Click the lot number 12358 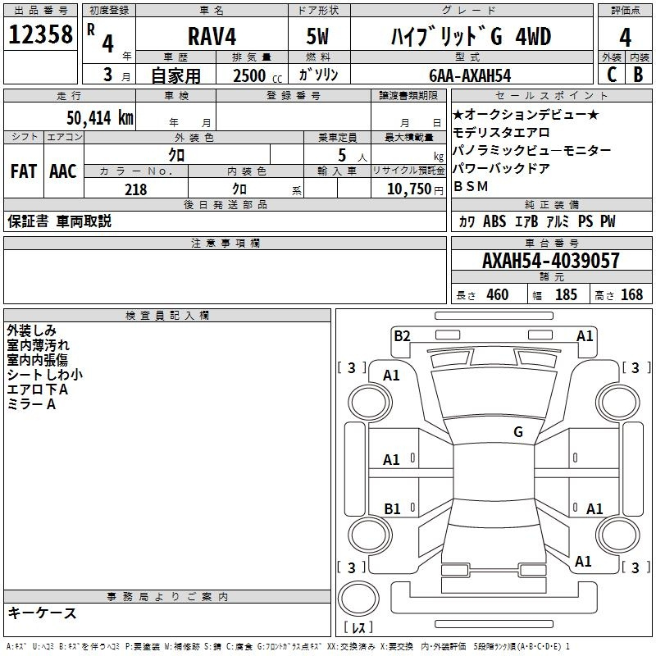pyautogui.click(x=40, y=34)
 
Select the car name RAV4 pyautogui.click(x=212, y=36)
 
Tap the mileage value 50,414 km pyautogui.click(x=100, y=117)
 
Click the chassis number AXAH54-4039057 pyautogui.click(x=550, y=260)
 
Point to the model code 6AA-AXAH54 pyautogui.click(x=470, y=75)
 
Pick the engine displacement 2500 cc pyautogui.click(x=257, y=75)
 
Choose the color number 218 pyautogui.click(x=135, y=189)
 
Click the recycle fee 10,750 pyautogui.click(x=409, y=189)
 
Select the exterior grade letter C pyautogui.click(x=612, y=75)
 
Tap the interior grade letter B pyautogui.click(x=638, y=75)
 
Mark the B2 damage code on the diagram pyautogui.click(x=402, y=336)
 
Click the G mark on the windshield pyautogui.click(x=518, y=431)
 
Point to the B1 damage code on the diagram pyautogui.click(x=392, y=508)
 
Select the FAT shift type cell pyautogui.click(x=24, y=171)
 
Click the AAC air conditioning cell pyautogui.click(x=63, y=171)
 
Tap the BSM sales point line pyautogui.click(x=471, y=187)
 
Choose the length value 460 pyautogui.click(x=498, y=294)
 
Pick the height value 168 pyautogui.click(x=631, y=294)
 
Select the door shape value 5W pyautogui.click(x=317, y=36)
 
